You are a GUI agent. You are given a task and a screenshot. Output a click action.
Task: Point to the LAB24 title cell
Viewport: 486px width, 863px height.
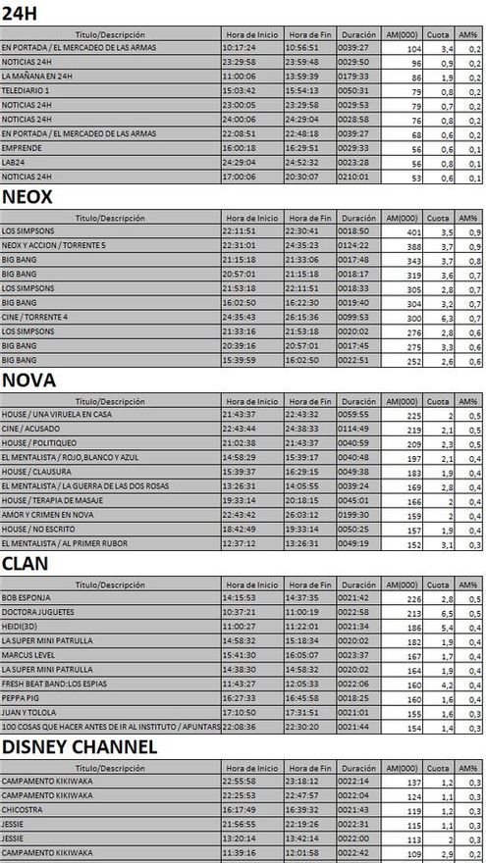click(14, 163)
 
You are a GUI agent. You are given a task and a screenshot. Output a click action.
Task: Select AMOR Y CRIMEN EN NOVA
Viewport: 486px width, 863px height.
click(45, 516)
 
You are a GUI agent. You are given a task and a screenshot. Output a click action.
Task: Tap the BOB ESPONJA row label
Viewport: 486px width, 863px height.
click(27, 597)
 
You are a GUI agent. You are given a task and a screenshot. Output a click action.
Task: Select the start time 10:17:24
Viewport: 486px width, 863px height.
click(240, 47)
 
